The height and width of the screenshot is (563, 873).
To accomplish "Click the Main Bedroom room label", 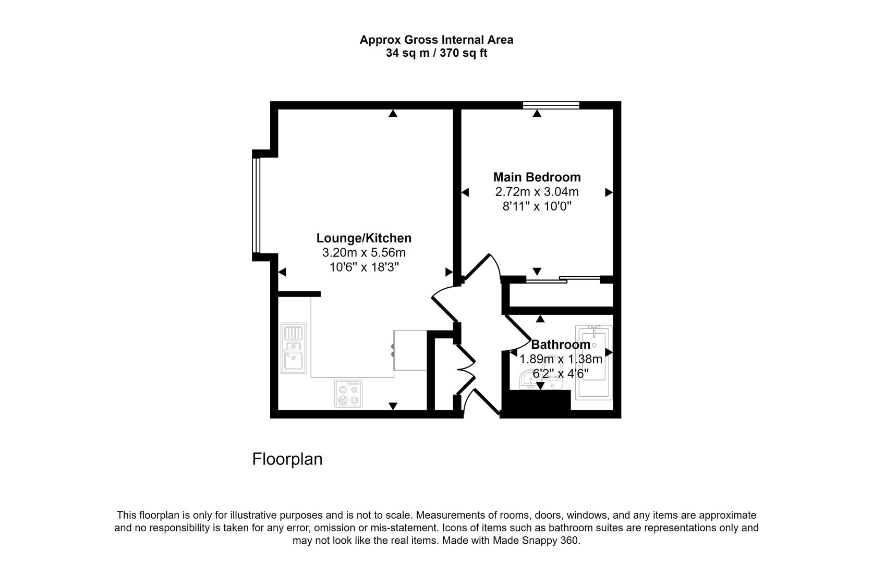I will coord(537,177).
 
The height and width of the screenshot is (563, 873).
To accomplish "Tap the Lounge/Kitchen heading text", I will coord(363,238).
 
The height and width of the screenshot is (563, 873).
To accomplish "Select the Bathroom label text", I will coord(560,345).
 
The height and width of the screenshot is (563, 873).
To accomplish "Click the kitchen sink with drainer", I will coord(294,348).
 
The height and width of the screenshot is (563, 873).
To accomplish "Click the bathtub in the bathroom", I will coord(594,363).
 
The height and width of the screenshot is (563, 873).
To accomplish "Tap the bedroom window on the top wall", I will coord(551,105).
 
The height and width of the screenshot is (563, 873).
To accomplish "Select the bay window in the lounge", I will coord(256,205).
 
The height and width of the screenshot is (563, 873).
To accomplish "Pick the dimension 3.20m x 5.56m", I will coord(363,253).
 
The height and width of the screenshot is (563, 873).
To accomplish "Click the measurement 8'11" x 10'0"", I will coord(537,206).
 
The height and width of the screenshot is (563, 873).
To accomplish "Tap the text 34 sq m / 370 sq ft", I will coord(436,53).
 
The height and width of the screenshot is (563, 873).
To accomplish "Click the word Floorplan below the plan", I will coord(287,459).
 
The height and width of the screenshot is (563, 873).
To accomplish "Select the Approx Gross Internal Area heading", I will coord(436,40).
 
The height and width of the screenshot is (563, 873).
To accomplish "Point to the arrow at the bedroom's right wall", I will coord(609,192).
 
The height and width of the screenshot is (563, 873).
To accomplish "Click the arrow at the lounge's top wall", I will coord(393,113).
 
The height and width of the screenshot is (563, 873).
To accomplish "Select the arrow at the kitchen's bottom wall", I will coord(393,406).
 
